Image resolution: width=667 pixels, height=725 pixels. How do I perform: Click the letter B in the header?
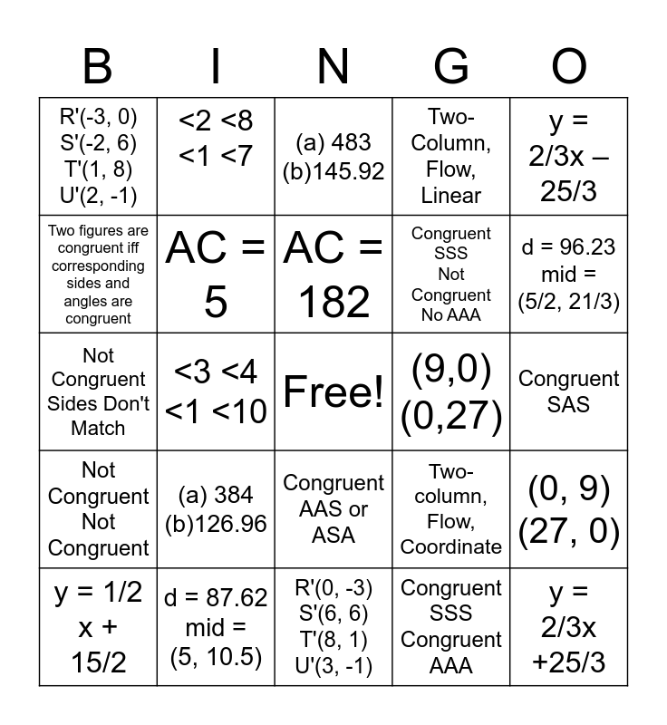pyautogui.click(x=98, y=67)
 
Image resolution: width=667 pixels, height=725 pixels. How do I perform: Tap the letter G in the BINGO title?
pyautogui.click(x=451, y=67)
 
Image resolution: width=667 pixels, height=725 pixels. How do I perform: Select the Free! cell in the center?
pyautogui.click(x=333, y=391)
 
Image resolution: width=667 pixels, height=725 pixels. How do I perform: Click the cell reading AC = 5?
pyautogui.click(x=216, y=274)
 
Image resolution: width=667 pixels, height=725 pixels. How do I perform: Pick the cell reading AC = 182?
pyautogui.click(x=333, y=274)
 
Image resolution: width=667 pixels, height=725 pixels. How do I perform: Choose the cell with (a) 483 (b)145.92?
pyautogui.click(x=333, y=156)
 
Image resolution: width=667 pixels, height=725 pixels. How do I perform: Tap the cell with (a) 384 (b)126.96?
pyautogui.click(x=216, y=509)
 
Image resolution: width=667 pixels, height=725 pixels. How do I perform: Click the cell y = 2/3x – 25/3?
pyautogui.click(x=569, y=156)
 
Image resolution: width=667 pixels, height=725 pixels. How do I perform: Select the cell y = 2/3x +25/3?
pyautogui.click(x=569, y=627)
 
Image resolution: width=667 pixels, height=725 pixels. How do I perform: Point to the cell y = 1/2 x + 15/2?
pyautogui.click(x=98, y=627)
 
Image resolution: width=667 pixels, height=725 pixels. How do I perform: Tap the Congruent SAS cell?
pyautogui.click(x=569, y=391)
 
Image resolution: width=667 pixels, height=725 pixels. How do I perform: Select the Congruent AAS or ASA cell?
pyautogui.click(x=333, y=509)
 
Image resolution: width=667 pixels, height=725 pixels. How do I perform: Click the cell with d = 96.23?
pyautogui.click(x=569, y=274)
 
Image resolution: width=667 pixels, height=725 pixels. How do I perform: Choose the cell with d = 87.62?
pyautogui.click(x=216, y=627)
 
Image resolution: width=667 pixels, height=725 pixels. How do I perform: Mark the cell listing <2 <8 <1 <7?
pyautogui.click(x=216, y=156)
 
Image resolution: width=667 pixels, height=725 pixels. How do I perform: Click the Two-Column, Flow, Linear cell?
pyautogui.click(x=451, y=156)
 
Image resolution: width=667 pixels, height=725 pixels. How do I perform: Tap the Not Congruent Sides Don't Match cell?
pyautogui.click(x=98, y=391)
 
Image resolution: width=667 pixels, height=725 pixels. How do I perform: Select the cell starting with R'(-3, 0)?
pyautogui.click(x=98, y=156)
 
